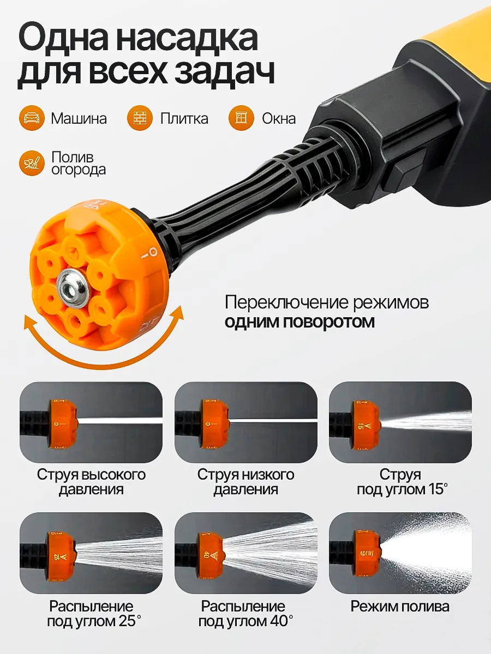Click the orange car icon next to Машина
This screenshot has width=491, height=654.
pyautogui.click(x=32, y=118)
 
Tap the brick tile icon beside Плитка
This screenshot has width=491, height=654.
pyautogui.click(x=140, y=118)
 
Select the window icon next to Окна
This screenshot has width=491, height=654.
pyautogui.click(x=242, y=118)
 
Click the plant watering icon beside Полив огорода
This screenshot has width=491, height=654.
pyautogui.click(x=32, y=163)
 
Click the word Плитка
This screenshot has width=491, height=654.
pyautogui.click(x=184, y=119)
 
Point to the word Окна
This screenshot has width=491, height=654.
pyautogui.click(x=279, y=119)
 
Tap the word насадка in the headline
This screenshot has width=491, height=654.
pyautogui.click(x=187, y=39)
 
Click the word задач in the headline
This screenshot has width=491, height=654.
pyautogui.click(x=224, y=72)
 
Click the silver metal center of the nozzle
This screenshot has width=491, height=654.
pyautogui.click(x=73, y=288)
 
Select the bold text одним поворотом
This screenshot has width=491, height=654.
pyautogui.click(x=300, y=322)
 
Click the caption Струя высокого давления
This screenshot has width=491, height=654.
pyautogui.click(x=91, y=482)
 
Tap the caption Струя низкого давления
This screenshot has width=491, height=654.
pyautogui.click(x=245, y=482)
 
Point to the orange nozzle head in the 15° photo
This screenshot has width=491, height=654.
pyautogui.click(x=366, y=425)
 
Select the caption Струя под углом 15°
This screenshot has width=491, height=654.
pyautogui.click(x=402, y=482)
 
